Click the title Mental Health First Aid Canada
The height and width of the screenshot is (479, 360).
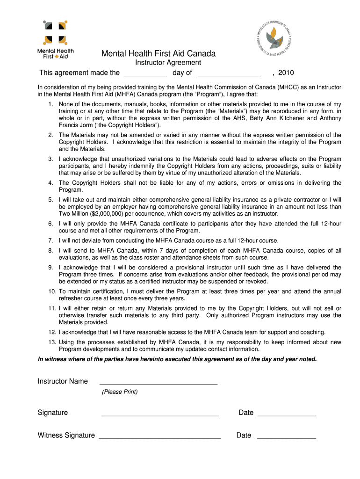[158, 54]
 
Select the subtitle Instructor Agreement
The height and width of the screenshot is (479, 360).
[168, 63]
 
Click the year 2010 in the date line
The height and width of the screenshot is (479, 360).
[286, 73]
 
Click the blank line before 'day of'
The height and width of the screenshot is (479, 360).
[145, 74]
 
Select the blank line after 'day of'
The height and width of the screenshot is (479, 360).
[229, 74]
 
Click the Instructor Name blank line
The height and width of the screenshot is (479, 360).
[158, 383]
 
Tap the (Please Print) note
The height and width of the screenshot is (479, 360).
[120, 392]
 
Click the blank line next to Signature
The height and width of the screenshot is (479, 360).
[160, 414]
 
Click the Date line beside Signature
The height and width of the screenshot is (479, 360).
[287, 414]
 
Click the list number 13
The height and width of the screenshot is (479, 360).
[52, 342]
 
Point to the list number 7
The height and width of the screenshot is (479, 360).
[50, 240]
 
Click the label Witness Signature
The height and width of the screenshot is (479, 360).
[66, 435]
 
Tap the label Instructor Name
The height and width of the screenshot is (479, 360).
[63, 381]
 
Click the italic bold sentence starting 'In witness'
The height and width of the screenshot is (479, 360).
[177, 359]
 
